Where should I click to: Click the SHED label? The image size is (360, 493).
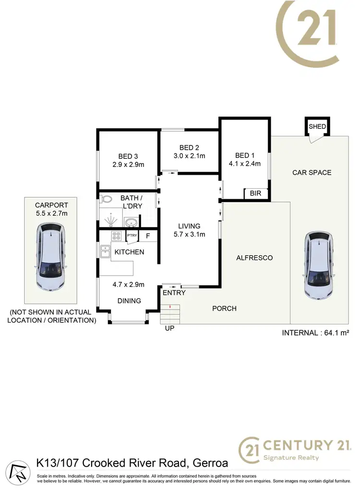[317, 127]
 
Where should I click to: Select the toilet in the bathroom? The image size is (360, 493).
[107, 199]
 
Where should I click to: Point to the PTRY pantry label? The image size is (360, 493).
[132, 236]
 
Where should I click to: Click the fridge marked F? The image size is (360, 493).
[148, 236]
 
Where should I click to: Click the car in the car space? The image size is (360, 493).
[318, 265]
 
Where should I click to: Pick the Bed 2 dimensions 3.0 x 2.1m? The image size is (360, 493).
[189, 156]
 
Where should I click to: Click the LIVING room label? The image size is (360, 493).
[189, 226]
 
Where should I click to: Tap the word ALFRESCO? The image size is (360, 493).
[254, 258]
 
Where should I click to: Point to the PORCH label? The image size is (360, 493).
[224, 308]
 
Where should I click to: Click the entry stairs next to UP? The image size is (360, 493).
[170, 314]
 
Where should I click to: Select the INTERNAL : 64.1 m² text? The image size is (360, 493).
[315, 333]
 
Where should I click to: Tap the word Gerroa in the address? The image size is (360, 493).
[210, 463]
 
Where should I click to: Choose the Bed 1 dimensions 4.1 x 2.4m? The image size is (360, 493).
[244, 163]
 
